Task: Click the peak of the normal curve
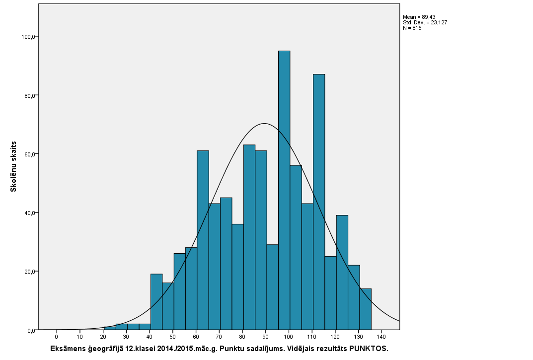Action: point(264,124)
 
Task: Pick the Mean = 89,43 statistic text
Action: point(419,17)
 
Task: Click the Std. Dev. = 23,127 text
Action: point(425,22)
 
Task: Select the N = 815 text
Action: point(412,28)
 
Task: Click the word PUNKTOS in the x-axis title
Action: point(368,349)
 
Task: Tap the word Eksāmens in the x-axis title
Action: point(67,349)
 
